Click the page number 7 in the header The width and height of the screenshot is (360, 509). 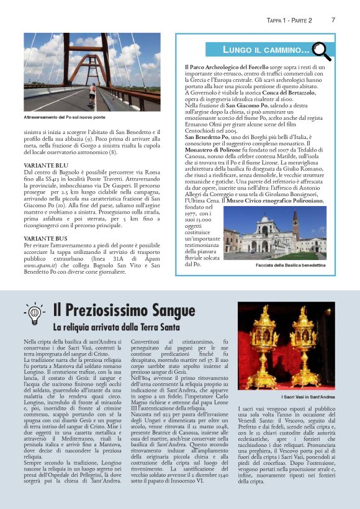coord(333,20)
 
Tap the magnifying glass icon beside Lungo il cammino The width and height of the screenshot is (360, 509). coord(321,48)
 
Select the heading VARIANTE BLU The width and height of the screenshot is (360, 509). coord(45,164)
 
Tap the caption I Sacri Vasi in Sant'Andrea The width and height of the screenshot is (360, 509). coord(290,396)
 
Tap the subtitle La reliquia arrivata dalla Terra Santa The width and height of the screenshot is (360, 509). coord(116,327)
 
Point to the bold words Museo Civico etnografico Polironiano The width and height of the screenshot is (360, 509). coord(286,200)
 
